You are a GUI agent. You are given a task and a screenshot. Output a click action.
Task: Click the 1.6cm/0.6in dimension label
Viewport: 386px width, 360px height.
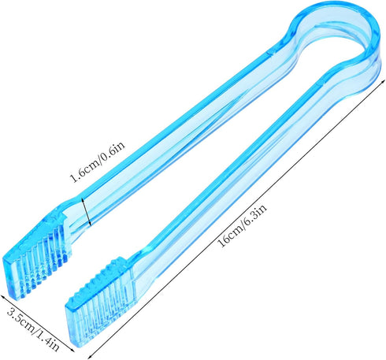point(97,161)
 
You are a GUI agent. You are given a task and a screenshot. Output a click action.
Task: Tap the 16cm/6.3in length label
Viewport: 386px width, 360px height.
point(243,225)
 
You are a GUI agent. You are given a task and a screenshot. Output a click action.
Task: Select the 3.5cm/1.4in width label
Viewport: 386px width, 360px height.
point(33,329)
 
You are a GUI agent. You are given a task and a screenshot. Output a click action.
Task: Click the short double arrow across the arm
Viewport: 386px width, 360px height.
point(87,212)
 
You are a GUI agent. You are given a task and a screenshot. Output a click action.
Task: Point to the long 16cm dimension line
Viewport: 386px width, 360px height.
point(236,219)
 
